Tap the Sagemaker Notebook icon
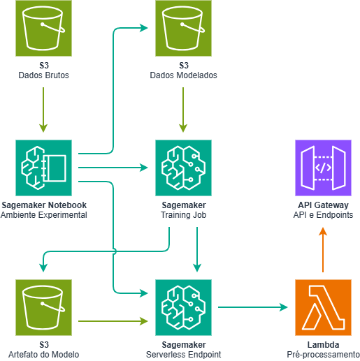43,168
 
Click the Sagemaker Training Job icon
183,168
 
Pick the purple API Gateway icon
323,168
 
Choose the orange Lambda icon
323,307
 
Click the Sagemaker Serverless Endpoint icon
183,307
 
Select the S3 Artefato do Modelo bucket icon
43,307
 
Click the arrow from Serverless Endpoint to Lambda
253,307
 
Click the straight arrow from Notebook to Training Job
113,168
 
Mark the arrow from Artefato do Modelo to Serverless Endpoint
113,321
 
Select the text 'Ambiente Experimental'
43,216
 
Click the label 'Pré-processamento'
323,355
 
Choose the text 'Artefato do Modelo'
43,355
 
